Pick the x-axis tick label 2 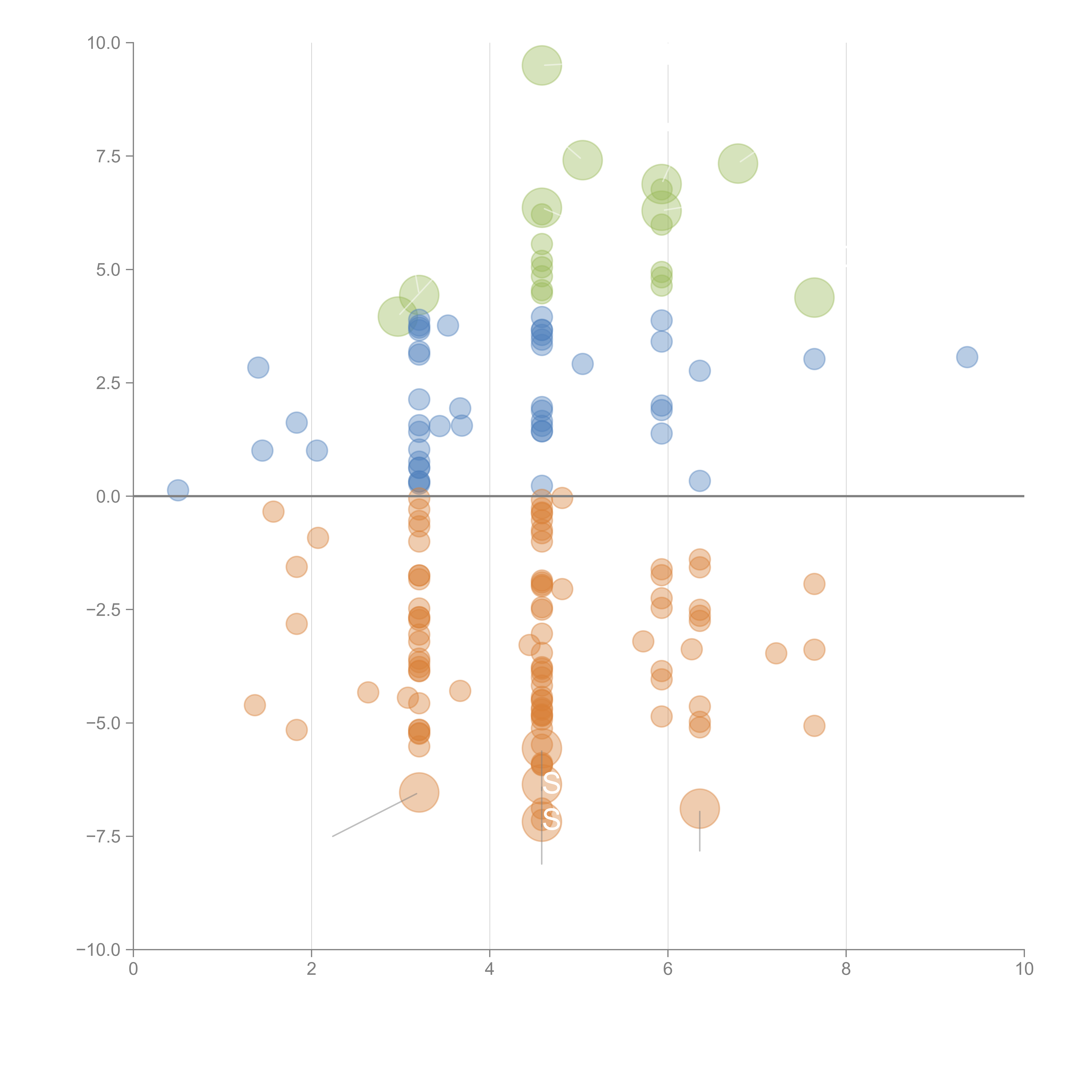point(312,969)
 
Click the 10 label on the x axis point(1024,969)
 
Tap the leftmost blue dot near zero point(178,490)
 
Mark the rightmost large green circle point(814,298)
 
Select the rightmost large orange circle point(700,809)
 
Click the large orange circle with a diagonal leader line point(419,793)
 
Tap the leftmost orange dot point(255,705)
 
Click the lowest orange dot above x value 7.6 point(814,726)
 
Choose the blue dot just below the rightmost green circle point(814,359)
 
